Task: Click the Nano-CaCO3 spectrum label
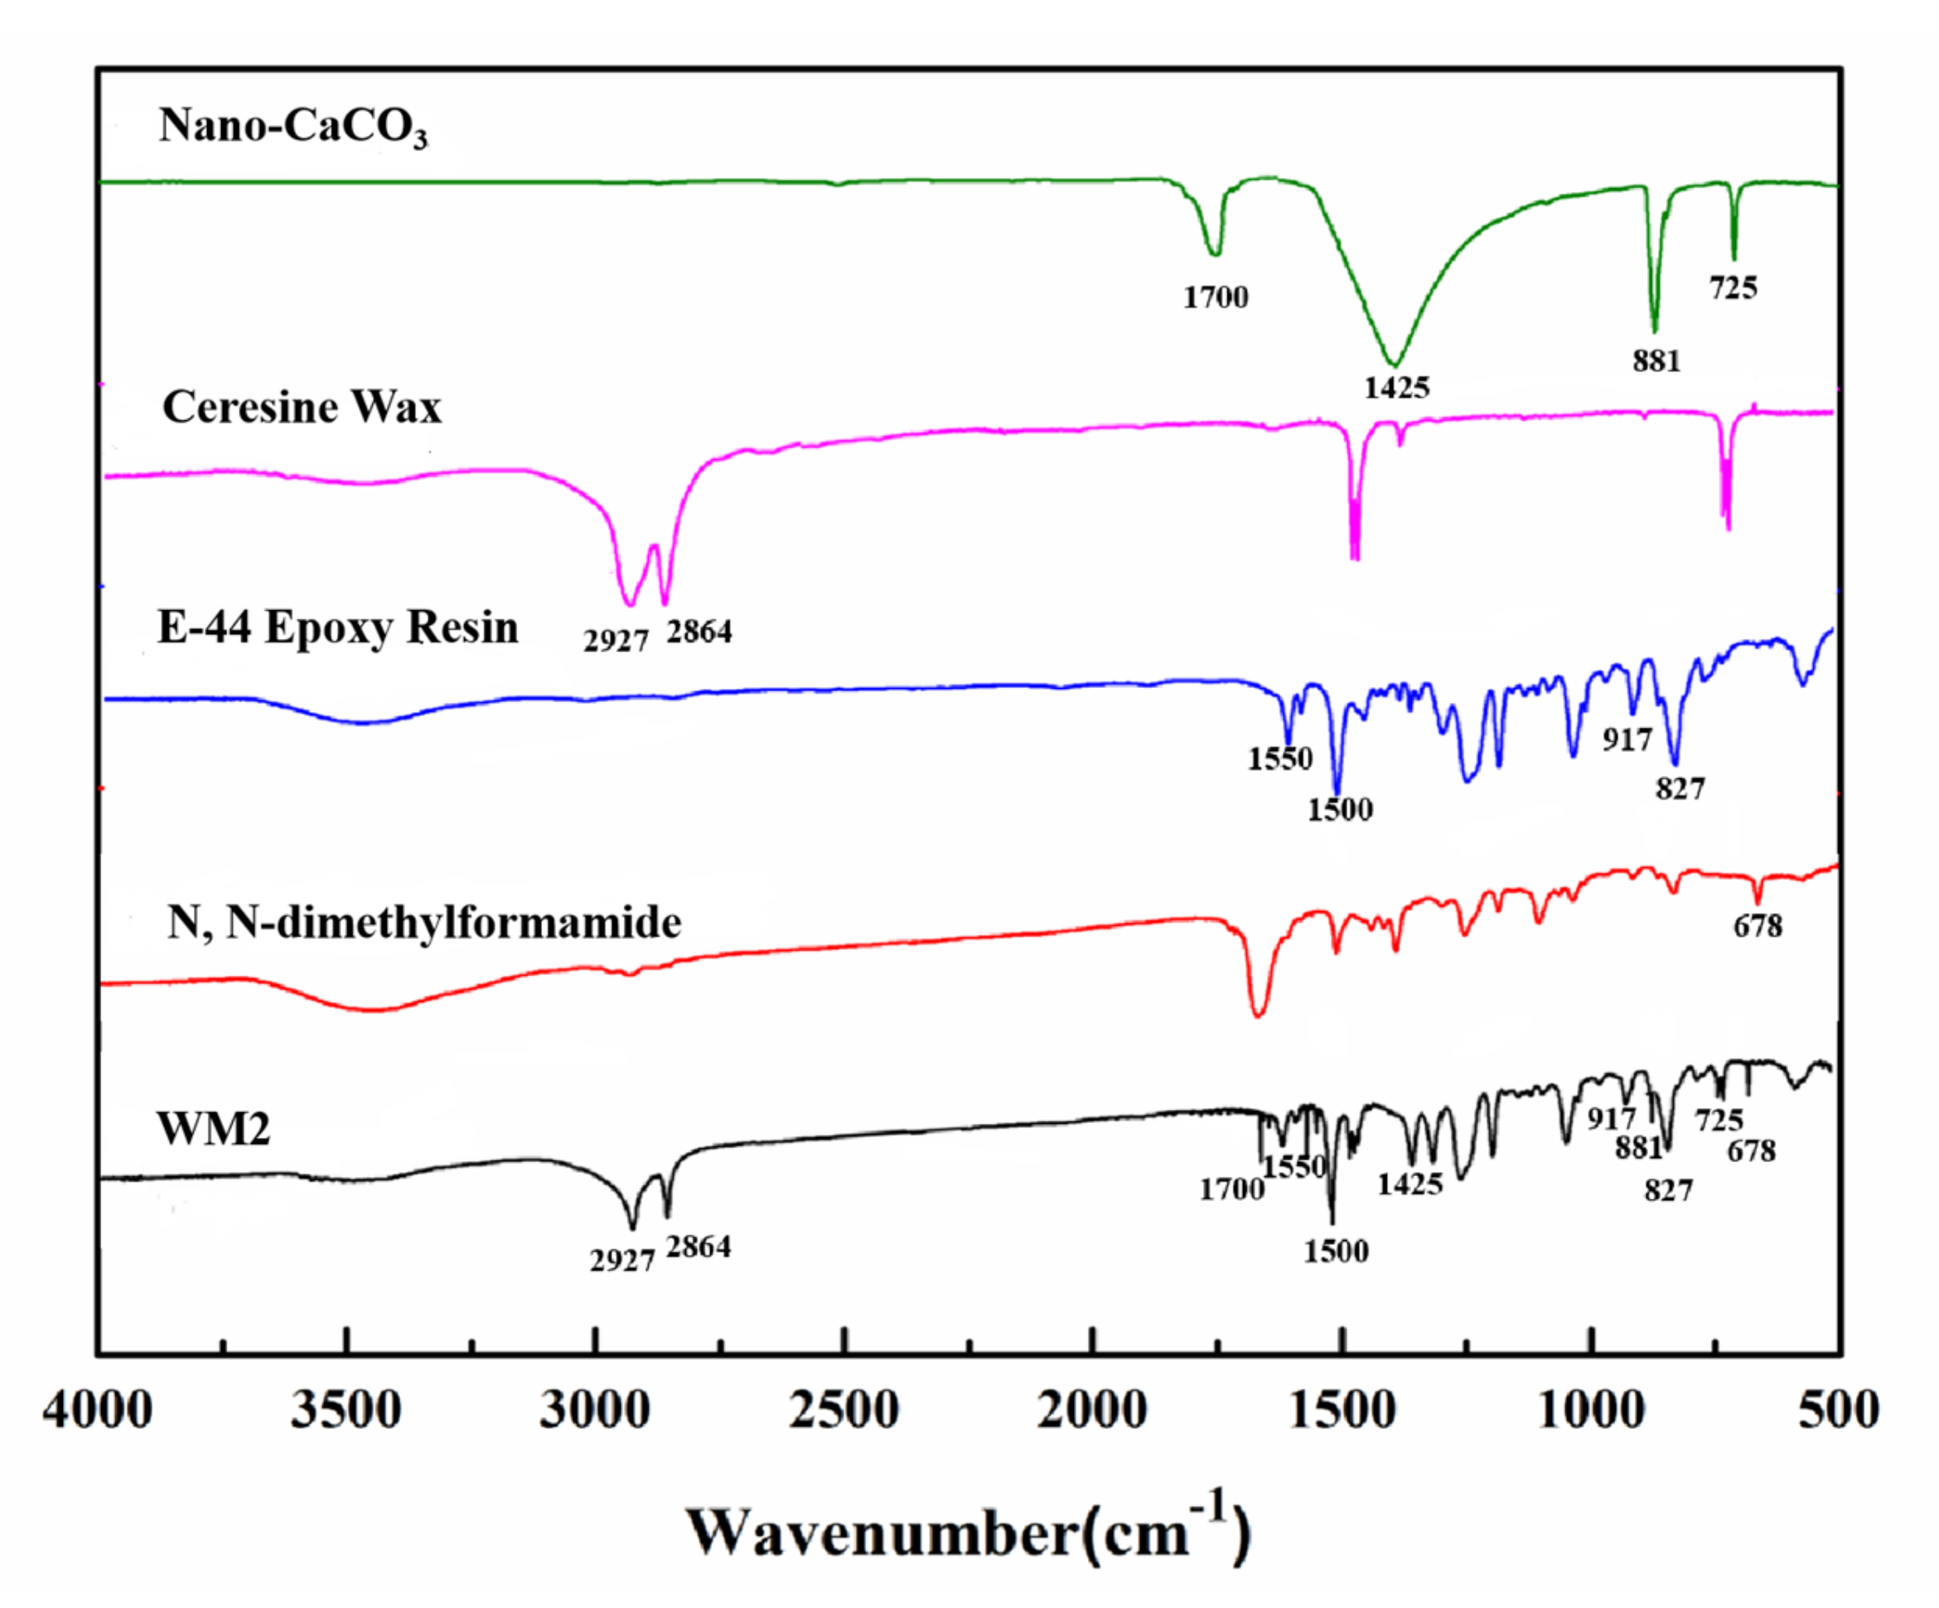point(293,127)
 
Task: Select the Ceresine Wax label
point(302,407)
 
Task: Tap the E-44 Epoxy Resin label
point(338,627)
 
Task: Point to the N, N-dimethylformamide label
point(423,923)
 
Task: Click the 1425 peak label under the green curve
point(1396,388)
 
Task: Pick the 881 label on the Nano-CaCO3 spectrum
point(1656,361)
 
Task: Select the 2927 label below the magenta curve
point(615,640)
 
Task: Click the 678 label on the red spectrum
point(1757,926)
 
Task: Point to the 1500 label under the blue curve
point(1339,810)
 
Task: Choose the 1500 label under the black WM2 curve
point(1335,1252)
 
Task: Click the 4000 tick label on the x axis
point(98,1411)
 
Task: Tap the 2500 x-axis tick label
point(843,1411)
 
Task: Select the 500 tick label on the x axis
point(1837,1411)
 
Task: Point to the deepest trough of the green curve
point(1395,364)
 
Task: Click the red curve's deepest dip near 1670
point(1258,1015)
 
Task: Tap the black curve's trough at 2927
point(632,1228)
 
